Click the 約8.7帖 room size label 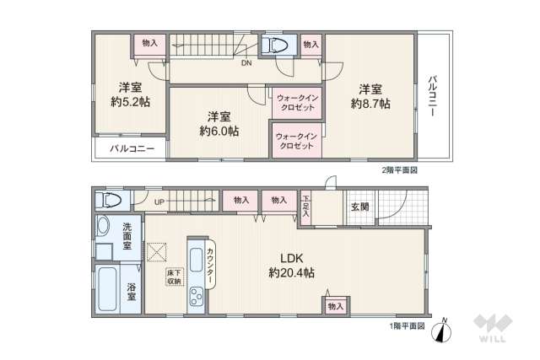point(370,104)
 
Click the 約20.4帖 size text point(292,273)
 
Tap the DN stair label point(246,63)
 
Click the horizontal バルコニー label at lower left point(131,148)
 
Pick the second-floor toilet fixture point(275,46)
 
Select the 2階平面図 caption point(399,169)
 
